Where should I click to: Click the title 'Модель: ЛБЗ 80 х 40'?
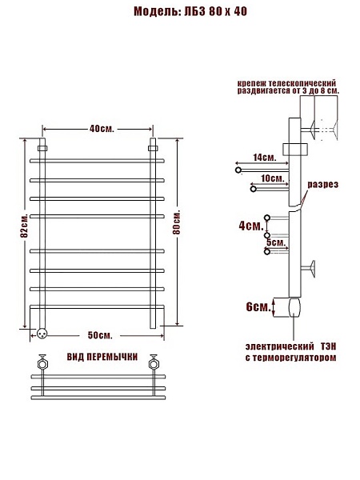click(x=190, y=12)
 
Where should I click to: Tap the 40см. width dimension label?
click(x=102, y=129)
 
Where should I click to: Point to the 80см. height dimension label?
click(x=177, y=222)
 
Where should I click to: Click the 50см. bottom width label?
click(x=100, y=335)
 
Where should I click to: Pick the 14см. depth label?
click(x=265, y=158)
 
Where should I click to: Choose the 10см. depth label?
click(x=273, y=178)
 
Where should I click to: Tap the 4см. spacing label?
click(x=251, y=226)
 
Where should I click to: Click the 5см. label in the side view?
click(x=276, y=242)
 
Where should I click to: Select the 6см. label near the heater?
click(x=258, y=306)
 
